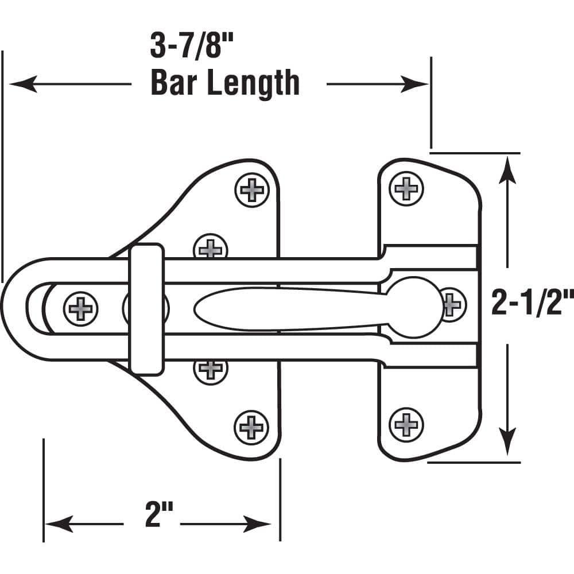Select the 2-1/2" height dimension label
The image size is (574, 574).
click(x=532, y=303)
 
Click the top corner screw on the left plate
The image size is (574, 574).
click(x=251, y=189)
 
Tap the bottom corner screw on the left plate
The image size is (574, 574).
click(x=251, y=426)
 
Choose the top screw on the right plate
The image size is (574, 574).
click(x=406, y=188)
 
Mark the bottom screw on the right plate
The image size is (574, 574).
click(x=406, y=425)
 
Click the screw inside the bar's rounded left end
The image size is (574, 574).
click(x=80, y=308)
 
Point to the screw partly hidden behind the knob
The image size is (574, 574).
click(x=452, y=301)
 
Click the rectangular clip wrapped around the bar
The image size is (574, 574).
click(x=146, y=309)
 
